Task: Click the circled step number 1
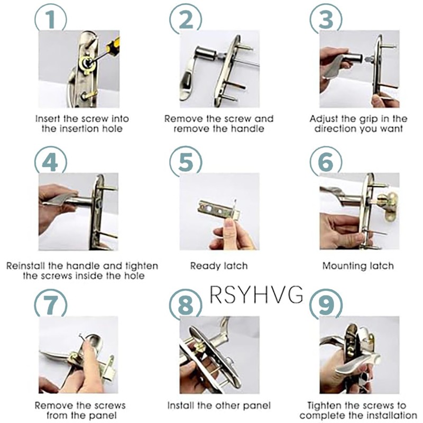[x=51, y=19]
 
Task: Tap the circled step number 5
[x=186, y=162]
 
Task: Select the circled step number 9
[x=326, y=305]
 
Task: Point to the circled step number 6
[x=326, y=162]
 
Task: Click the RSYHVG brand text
[x=256, y=295]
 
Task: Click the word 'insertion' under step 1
[x=82, y=128]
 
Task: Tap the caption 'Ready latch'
[x=219, y=266]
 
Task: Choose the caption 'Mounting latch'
[x=358, y=266]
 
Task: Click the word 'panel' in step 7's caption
[x=104, y=415]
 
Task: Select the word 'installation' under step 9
[x=390, y=415]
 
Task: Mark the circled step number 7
[x=51, y=305]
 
